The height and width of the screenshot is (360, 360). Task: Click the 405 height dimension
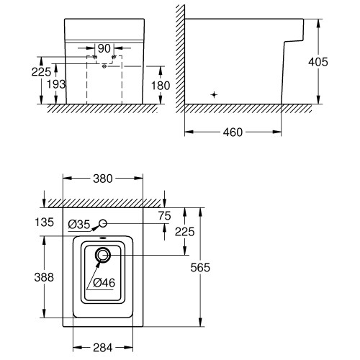point(318,62)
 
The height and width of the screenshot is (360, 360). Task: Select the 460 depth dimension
point(233,132)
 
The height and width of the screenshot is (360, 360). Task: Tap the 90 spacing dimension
point(104,48)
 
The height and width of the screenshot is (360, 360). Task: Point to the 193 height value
point(56,84)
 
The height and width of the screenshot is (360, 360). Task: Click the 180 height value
point(161,86)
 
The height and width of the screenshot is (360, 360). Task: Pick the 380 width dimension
point(103,179)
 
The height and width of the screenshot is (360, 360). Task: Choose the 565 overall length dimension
point(200,267)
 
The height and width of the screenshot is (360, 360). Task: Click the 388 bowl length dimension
point(44,277)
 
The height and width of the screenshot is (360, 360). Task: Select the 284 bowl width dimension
point(103,348)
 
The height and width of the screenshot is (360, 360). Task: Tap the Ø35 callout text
point(79,225)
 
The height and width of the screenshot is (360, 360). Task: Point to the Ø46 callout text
point(104,283)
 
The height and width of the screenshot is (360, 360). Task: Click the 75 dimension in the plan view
point(165,216)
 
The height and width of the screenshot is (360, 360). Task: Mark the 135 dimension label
point(44,222)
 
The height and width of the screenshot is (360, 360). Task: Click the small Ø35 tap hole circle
point(103,223)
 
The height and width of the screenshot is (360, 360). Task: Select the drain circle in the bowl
point(103,255)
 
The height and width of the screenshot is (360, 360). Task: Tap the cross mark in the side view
point(214,95)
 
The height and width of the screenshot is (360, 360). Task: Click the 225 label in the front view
point(41,72)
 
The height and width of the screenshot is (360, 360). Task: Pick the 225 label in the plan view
point(184,232)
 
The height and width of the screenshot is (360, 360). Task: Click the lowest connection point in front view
point(104,66)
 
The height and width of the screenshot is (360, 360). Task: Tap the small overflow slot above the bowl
point(103,238)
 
